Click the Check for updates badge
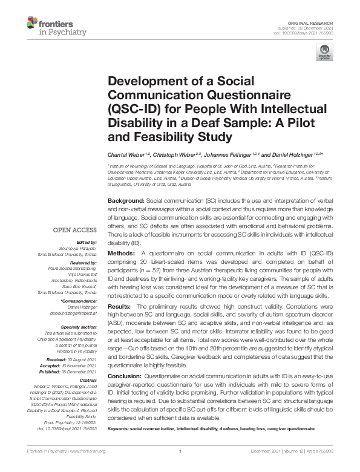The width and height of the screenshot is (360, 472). pyautogui.click(x=324, y=54)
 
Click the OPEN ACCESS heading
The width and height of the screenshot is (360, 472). pyautogui.click(x=74, y=230)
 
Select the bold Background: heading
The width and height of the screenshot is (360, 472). pyautogui.click(x=126, y=200)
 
